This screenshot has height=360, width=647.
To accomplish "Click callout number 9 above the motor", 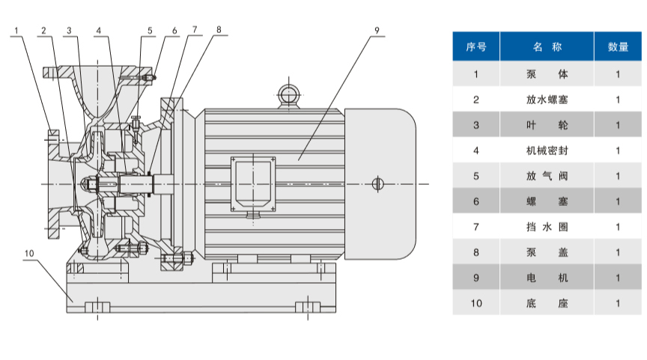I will point(377,31).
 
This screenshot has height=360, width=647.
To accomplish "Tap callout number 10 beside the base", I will point(29,254).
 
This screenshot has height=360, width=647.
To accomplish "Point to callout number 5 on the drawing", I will point(150,31).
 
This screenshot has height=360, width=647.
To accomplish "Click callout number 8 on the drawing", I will point(219,31).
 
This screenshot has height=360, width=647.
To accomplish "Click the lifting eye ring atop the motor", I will point(288,94).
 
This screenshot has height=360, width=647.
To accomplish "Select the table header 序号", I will point(476,46).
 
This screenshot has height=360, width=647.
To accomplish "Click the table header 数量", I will point(618,46).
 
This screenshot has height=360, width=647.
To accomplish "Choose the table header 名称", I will point(547,46).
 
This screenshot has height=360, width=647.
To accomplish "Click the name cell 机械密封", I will point(547,150).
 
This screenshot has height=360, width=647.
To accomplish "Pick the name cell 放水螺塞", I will point(547,100).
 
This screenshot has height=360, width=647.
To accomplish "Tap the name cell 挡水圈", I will point(547,227).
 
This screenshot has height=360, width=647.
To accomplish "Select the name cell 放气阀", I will point(547,176).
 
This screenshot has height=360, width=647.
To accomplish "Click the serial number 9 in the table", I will point(476,278).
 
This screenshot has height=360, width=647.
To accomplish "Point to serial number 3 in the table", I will point(476,125).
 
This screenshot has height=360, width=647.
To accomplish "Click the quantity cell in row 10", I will point(618,303).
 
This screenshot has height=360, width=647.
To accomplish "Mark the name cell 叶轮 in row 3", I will point(547,125).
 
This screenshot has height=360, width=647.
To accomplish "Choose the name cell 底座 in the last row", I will point(547,303).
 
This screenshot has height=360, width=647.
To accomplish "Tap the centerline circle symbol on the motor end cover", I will point(377,184).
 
